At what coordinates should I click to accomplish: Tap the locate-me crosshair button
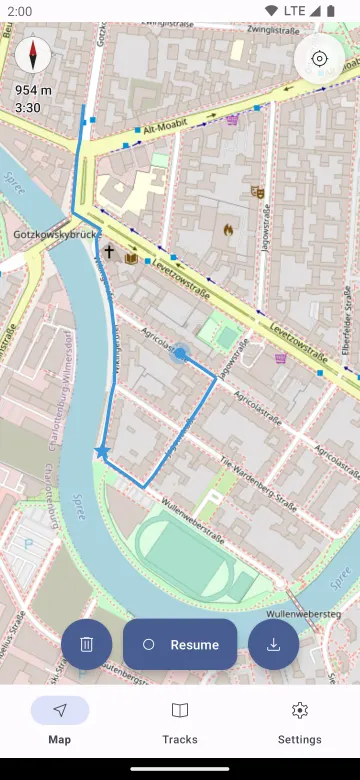[319, 58]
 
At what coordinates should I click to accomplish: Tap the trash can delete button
[87, 644]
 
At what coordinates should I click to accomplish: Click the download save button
[273, 644]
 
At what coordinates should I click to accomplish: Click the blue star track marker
[102, 453]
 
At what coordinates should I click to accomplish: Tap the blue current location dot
[180, 353]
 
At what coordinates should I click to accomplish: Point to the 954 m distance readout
[34, 90]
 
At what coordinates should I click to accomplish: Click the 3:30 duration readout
[28, 107]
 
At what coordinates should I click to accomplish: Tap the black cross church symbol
[109, 253]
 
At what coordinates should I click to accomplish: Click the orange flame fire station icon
[229, 229]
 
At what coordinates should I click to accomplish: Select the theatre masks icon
[257, 191]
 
